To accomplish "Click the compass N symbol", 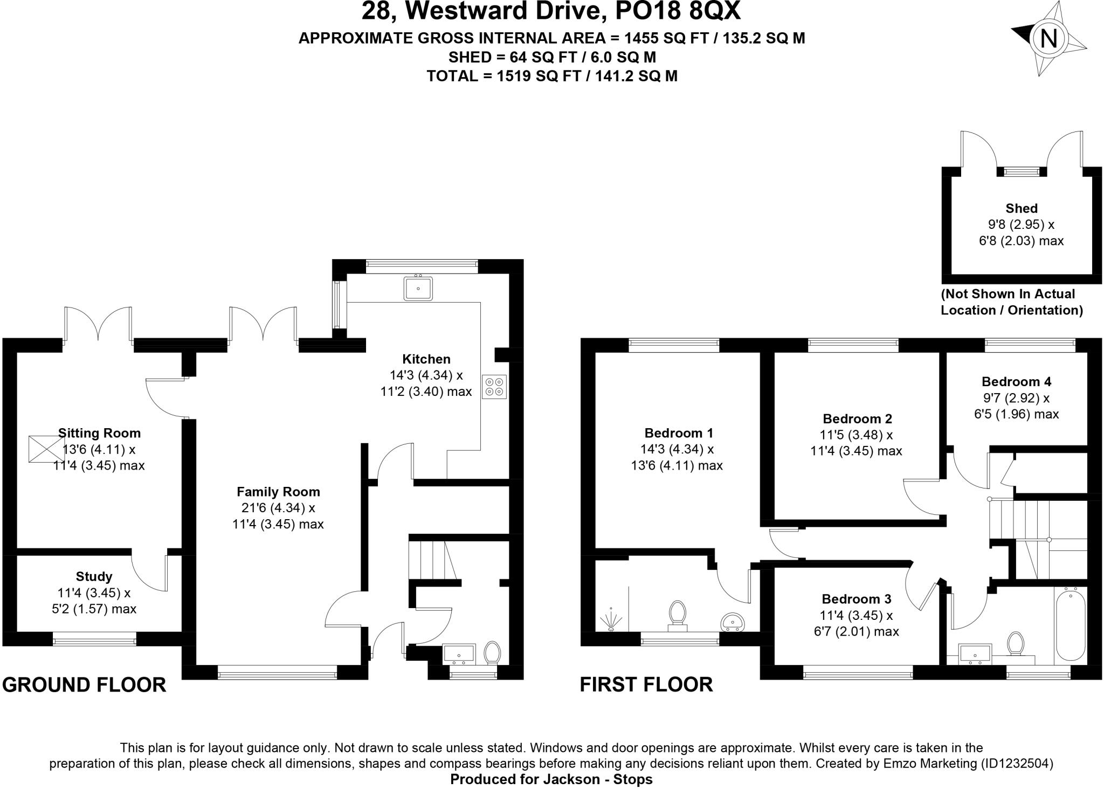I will [x=1048, y=39].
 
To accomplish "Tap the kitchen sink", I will [x=418, y=288].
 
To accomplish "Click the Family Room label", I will [x=278, y=492].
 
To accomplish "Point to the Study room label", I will [x=94, y=577].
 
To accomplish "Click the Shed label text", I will [x=1021, y=208].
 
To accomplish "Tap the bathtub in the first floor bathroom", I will [x=1071, y=625].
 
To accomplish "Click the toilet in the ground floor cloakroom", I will [x=492, y=652].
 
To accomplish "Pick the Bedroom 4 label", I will [x=1016, y=382].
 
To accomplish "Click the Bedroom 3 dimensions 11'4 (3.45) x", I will [x=857, y=615].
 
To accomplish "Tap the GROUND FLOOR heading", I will [x=84, y=685].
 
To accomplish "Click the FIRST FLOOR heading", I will [x=646, y=685].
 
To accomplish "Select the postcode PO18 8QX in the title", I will [x=672, y=12].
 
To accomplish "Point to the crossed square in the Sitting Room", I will [x=44, y=448].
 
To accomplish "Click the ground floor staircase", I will [x=431, y=560].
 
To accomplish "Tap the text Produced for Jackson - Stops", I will [x=551, y=779].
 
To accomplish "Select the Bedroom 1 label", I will [x=679, y=433].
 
